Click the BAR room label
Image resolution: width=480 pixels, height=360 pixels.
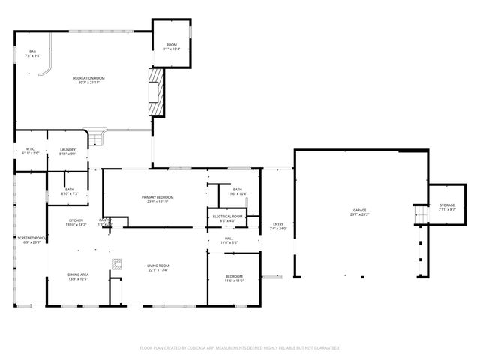tap(22, 51)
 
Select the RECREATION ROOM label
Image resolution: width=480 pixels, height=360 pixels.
tap(88, 78)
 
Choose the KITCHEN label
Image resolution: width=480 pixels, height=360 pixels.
tap(76, 220)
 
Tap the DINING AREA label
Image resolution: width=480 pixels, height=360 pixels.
tap(79, 275)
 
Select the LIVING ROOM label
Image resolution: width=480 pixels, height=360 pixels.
tap(157, 265)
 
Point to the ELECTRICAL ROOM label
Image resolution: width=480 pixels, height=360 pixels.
tap(227, 217)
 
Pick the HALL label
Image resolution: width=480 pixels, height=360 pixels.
tap(228, 239)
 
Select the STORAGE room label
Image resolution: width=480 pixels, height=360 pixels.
tap(447, 205)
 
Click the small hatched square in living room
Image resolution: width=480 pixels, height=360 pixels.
tap(117, 263)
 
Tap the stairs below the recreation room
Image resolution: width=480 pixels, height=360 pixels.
tap(94, 139)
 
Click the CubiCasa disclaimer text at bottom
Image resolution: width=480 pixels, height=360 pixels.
tap(240, 347)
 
